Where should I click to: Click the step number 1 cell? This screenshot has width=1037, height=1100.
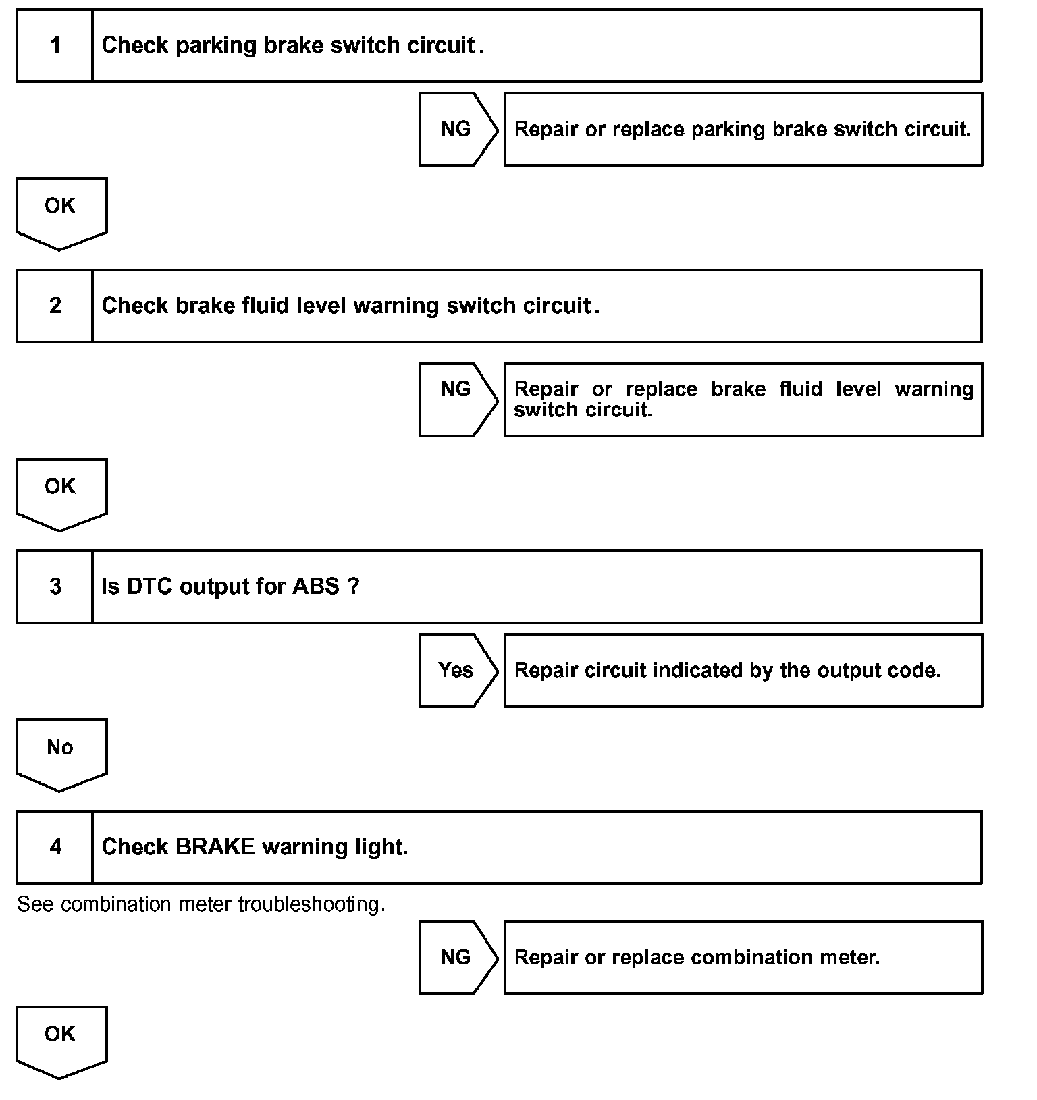tap(55, 46)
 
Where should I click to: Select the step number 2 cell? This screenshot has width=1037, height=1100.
tap(55, 306)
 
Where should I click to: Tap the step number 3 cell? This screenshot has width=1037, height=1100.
tap(55, 586)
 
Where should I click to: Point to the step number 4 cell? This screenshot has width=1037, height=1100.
tap(55, 847)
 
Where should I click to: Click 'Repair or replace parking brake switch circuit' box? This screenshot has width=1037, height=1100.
tap(743, 129)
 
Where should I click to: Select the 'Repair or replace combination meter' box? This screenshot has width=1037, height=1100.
tap(743, 957)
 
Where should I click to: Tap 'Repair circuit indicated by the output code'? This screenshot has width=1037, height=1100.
tap(727, 670)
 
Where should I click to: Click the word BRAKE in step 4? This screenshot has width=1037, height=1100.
tap(215, 847)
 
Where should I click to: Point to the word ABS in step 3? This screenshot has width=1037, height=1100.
tap(315, 586)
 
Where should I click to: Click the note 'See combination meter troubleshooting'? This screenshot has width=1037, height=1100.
tap(201, 904)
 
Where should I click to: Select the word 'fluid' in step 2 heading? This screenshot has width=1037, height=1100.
tap(264, 306)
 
